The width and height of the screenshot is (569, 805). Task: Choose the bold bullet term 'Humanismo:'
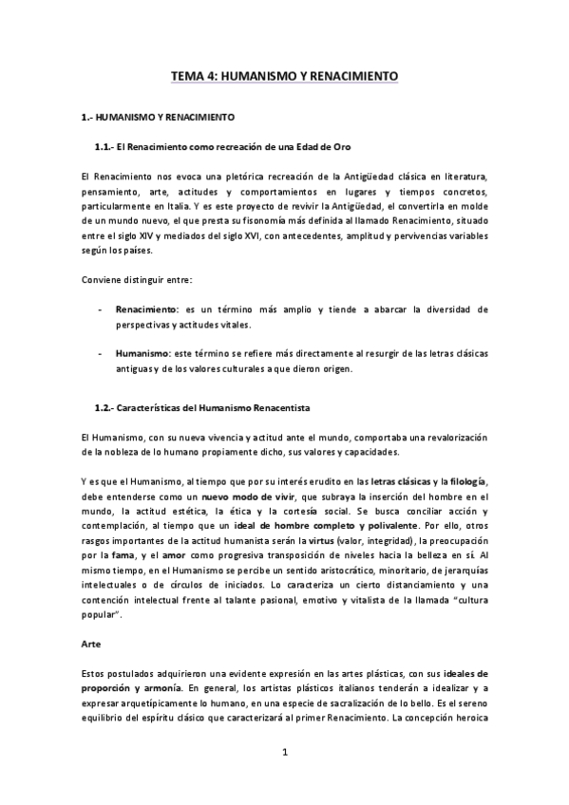pos(145,353)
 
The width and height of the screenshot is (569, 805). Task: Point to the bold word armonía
pos(160,688)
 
